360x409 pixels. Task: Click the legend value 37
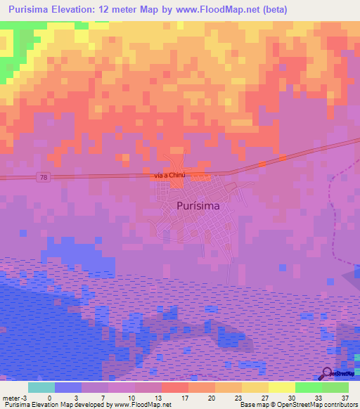pyautogui.click(x=344, y=397)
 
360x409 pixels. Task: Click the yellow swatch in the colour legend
pyautogui.click(x=281, y=387)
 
